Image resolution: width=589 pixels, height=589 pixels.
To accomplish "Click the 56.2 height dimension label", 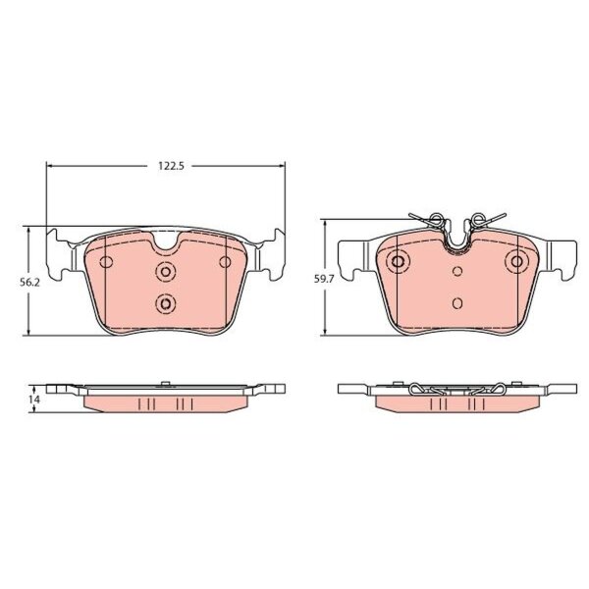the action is click(x=29, y=283).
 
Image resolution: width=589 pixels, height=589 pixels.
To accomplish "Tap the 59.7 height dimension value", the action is click(x=323, y=279).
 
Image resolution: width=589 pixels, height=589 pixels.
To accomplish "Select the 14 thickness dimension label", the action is click(x=34, y=400).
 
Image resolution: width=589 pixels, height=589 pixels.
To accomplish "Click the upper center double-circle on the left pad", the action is click(x=166, y=271).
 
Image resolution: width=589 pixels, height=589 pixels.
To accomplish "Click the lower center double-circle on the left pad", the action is click(x=166, y=303).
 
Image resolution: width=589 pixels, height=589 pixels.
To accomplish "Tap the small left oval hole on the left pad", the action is click(x=106, y=262).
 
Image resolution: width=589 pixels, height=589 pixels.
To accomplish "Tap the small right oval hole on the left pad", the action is click(x=225, y=262).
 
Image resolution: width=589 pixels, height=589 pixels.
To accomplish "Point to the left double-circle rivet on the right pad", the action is click(x=398, y=261).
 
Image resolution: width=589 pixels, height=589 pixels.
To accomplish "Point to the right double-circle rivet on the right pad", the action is click(x=517, y=261).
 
